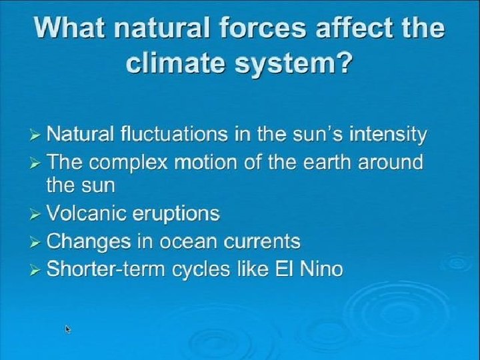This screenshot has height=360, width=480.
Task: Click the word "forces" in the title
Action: pos(263,28)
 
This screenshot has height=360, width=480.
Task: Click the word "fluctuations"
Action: pos(174,134)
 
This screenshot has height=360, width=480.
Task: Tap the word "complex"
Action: pos(128,163)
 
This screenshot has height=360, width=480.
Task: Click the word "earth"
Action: pos(327,162)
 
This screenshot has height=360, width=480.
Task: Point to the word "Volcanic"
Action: pos(86,213)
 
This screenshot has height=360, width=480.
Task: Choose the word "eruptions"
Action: pos(176,214)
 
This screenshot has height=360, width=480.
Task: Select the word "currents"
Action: pos(262,242)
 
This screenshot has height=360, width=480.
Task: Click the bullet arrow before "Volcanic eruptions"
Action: pos(35,215)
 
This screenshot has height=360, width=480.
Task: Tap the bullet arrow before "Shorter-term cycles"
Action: pos(35,271)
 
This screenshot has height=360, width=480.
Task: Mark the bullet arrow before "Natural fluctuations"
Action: pos(35,135)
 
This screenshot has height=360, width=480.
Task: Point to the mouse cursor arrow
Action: pos(67,329)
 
